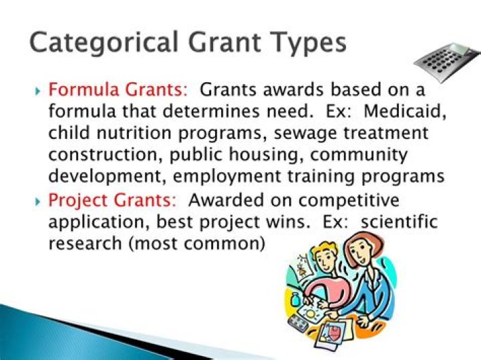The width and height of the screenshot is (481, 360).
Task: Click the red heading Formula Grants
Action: point(120,89)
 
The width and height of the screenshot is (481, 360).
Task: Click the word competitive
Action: point(361,200)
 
